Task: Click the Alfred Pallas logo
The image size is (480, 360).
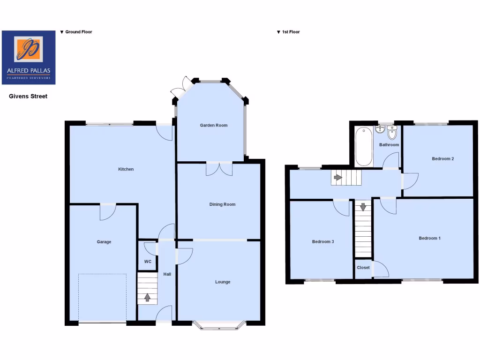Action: pyautogui.click(x=29, y=57)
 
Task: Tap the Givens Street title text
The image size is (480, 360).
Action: pyautogui.click(x=29, y=96)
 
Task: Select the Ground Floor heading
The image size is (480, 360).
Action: pyautogui.click(x=78, y=32)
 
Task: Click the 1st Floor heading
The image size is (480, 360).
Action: pyautogui.click(x=291, y=32)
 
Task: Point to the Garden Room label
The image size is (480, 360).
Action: pyautogui.click(x=214, y=125)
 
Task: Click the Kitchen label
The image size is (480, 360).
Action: pyautogui.click(x=126, y=169)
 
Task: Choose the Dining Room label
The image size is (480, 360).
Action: pyautogui.click(x=222, y=204)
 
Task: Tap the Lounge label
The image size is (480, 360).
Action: pyautogui.click(x=223, y=282)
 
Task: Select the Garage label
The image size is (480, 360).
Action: pyautogui.click(x=104, y=242)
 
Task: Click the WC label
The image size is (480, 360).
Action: pyautogui.click(x=148, y=262)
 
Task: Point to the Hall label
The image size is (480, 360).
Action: pyautogui.click(x=167, y=274)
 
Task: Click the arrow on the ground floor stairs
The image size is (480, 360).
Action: pyautogui.click(x=148, y=297)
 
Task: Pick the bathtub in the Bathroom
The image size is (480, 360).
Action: pyautogui.click(x=363, y=146)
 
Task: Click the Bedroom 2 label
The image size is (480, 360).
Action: pyautogui.click(x=442, y=158)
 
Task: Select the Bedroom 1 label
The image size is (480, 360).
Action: pyautogui.click(x=429, y=238)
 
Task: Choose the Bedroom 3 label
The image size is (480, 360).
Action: pyautogui.click(x=323, y=242)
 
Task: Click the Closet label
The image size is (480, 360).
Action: pyautogui.click(x=363, y=268)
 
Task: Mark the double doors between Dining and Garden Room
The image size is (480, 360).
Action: pyautogui.click(x=219, y=169)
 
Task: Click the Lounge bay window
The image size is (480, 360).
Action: pyautogui.click(x=219, y=324)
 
